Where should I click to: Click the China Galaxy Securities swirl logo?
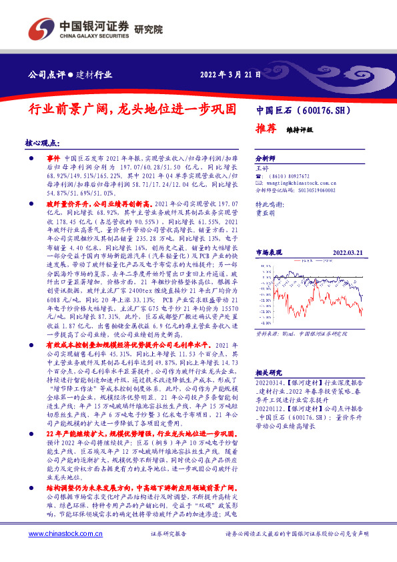point(39,31)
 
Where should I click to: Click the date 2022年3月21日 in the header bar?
point(230,74)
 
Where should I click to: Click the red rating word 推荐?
point(265,129)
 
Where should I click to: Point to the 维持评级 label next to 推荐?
point(300,129)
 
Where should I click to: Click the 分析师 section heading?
point(266,158)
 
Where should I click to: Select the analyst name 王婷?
point(262,170)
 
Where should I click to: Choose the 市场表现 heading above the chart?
point(270,253)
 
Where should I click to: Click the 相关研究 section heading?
point(269,372)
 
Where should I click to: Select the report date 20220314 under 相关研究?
point(270,383)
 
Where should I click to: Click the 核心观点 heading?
point(41,143)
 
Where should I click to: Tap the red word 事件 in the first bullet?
point(53,155)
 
